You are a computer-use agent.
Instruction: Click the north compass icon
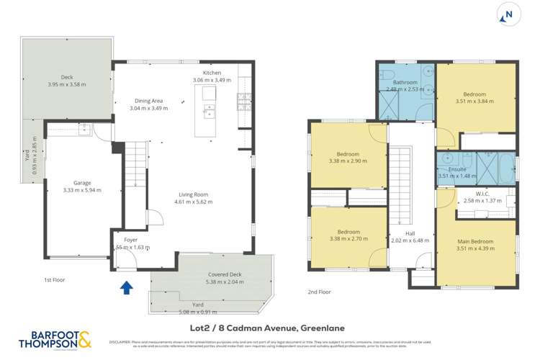(509, 14)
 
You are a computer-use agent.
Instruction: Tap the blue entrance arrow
(127, 288)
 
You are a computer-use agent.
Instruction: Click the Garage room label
(72, 183)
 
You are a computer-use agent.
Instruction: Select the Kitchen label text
(212, 73)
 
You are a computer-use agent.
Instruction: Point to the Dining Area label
(148, 101)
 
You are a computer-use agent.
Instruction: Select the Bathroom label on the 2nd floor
(405, 82)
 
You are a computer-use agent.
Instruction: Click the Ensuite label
(448, 168)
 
